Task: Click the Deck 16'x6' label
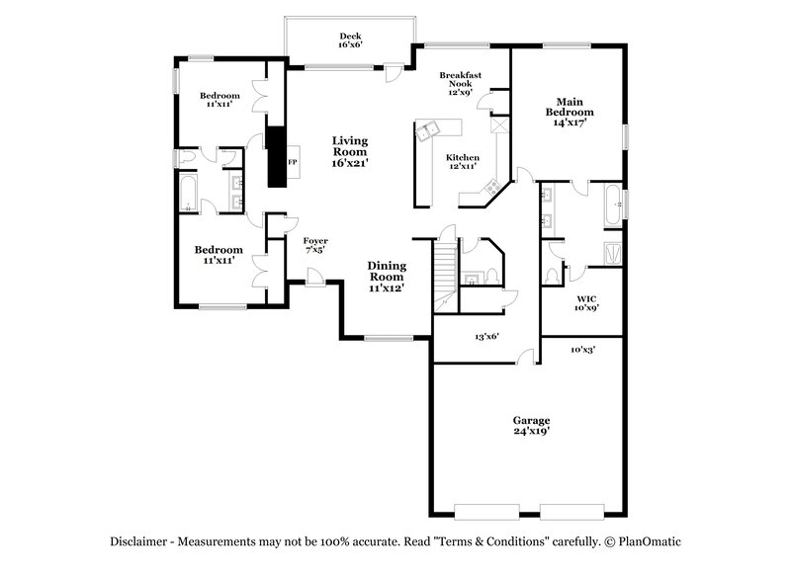tap(349, 40)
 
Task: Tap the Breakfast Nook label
tap(460, 82)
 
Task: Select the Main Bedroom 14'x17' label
tap(569, 112)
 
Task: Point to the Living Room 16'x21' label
tap(349, 153)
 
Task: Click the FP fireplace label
tap(293, 161)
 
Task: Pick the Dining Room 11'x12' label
tap(387, 277)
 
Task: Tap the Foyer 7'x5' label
tap(315, 245)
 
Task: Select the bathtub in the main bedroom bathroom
tap(613, 205)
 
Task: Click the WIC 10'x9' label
tap(586, 301)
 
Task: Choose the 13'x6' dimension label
tap(486, 337)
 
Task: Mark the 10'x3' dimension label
tap(583, 350)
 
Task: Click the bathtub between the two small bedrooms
tap(189, 195)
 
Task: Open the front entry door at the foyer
tap(314, 281)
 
